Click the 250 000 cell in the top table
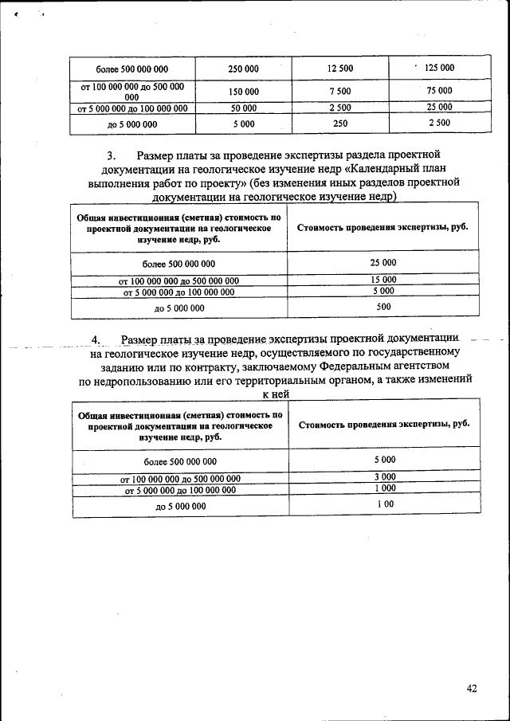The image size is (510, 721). coord(243,69)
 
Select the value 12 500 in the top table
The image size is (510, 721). coord(340,69)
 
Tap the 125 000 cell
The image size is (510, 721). coord(439,68)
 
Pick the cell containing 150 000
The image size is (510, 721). coord(243,92)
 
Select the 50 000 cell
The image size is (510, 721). coord(243,108)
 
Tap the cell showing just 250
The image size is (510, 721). coord(340,123)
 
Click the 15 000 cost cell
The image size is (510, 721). coord(383,280)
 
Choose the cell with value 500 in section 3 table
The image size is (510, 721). coord(383,306)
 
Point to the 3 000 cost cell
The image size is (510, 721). coord(385,476)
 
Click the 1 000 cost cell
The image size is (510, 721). coord(385,488)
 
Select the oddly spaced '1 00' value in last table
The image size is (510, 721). coord(385,504)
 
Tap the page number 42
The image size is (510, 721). coord(472,689)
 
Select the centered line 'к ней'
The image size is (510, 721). coord(275,394)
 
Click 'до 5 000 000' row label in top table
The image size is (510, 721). coord(132,124)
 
